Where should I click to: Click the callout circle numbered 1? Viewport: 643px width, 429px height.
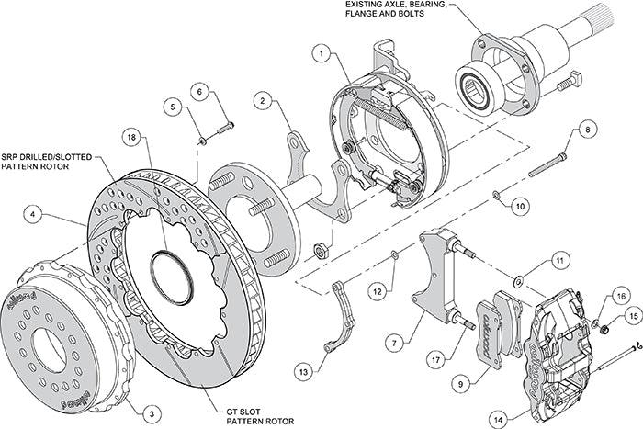320,53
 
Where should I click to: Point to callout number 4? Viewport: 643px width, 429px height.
34,217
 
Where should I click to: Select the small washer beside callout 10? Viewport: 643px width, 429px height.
497,195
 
